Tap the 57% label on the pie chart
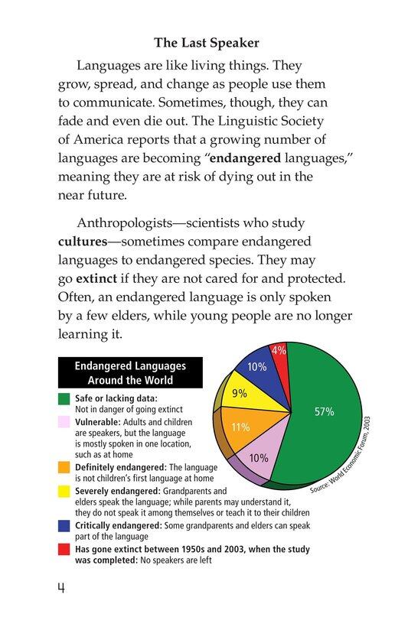click(x=325, y=411)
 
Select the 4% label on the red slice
click(x=279, y=351)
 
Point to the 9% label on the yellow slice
click(x=239, y=394)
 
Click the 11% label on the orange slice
click(x=240, y=427)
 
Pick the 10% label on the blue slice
click(x=256, y=367)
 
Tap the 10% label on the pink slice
click(x=259, y=458)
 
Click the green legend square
click(x=64, y=398)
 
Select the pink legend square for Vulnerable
click(x=64, y=421)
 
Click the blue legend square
click(x=64, y=525)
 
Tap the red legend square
click(x=64, y=548)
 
